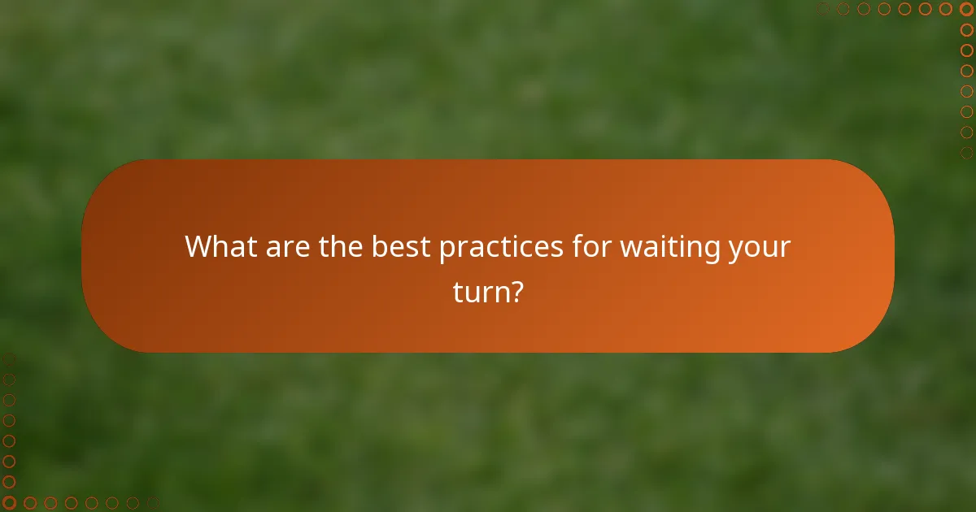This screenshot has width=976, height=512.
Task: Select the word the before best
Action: click(x=342, y=246)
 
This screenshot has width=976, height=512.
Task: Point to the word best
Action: click(x=402, y=246)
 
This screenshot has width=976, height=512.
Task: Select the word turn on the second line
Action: click(x=479, y=291)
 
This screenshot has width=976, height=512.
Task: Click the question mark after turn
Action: click(x=515, y=291)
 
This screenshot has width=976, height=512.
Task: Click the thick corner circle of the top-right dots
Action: click(x=966, y=9)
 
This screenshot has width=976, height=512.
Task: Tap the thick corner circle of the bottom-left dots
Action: click(x=9, y=503)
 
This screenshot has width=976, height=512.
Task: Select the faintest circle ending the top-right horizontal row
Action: click(x=823, y=9)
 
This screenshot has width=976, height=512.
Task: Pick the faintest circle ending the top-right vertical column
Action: click(x=966, y=152)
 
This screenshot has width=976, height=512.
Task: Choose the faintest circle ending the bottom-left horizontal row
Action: click(x=152, y=503)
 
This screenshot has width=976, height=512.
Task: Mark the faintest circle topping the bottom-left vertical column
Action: click(x=9, y=360)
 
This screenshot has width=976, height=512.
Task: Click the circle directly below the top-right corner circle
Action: click(x=966, y=29)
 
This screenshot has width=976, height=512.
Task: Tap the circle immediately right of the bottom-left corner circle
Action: click(x=29, y=503)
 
